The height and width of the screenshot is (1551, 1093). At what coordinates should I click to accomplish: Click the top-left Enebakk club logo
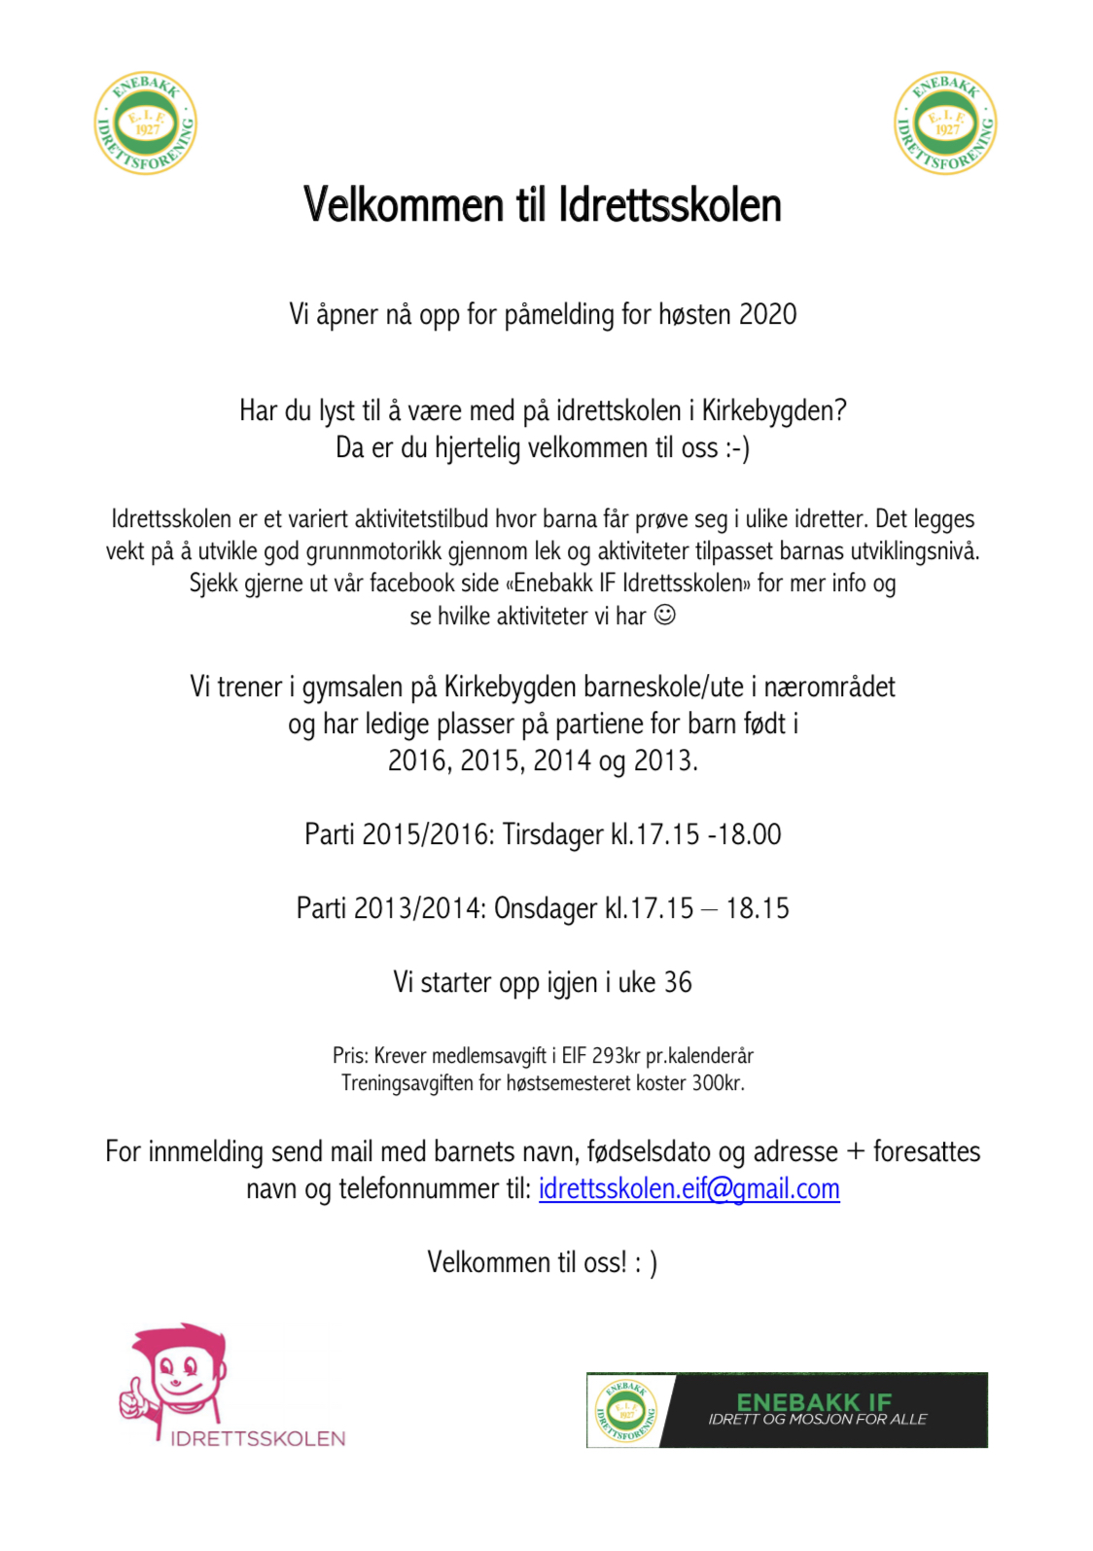(146, 123)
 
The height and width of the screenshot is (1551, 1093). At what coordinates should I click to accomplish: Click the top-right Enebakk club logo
(945, 123)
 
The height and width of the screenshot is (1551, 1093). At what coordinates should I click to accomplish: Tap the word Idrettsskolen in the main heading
(670, 206)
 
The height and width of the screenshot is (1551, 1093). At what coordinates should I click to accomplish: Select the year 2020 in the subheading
(767, 315)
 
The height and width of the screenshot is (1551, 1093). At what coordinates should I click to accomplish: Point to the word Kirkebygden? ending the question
(774, 411)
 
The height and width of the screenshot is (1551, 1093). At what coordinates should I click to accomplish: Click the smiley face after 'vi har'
(665, 615)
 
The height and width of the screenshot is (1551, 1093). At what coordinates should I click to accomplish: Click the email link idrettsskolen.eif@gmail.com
(688, 1189)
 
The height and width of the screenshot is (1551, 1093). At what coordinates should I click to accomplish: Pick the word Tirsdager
(553, 835)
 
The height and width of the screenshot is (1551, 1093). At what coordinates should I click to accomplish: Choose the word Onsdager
(546, 909)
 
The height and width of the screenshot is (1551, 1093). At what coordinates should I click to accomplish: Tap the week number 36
(678, 983)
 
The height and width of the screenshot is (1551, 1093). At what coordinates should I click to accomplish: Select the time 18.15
(758, 909)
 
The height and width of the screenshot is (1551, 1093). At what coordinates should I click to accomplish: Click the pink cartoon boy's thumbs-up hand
(132, 1397)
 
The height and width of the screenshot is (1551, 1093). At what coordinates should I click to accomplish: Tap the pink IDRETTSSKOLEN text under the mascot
(258, 1439)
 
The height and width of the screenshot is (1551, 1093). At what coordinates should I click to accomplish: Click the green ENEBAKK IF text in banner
(814, 1401)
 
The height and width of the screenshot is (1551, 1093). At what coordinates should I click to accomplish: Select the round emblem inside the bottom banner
(625, 1411)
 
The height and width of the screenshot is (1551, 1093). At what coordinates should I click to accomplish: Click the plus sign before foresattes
(856, 1152)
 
